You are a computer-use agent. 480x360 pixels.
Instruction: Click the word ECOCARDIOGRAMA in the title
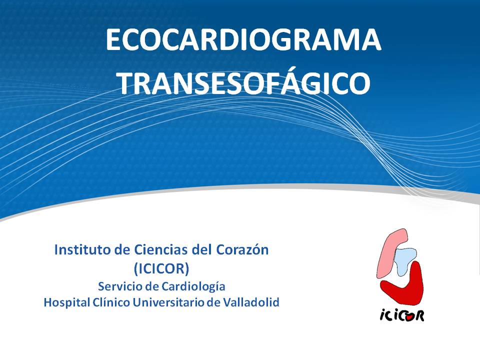pos(243,40)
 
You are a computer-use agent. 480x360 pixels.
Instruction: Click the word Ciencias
pos(161,250)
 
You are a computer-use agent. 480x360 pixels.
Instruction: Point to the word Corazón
pos(242,250)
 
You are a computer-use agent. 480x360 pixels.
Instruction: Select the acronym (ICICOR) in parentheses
pos(161,268)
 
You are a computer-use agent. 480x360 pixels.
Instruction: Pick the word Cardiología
pos(193,287)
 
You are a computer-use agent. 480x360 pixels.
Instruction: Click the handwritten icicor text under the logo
pos(402,315)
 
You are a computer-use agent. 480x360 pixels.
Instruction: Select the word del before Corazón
pos(202,250)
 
